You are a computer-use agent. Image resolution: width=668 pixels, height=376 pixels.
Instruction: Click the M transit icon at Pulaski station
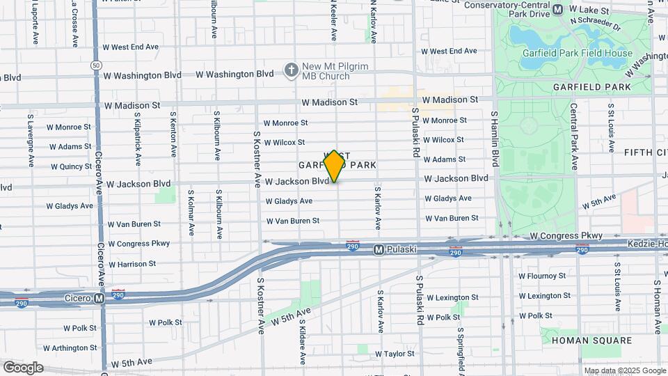point(379,249)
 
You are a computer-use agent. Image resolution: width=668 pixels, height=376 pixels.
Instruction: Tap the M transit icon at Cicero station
point(100,298)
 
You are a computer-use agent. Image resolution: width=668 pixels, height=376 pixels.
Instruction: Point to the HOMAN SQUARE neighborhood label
point(591,340)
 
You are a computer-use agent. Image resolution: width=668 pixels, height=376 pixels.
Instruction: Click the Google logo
point(23,367)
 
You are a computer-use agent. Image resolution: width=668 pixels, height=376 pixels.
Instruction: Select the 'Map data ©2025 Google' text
point(624,370)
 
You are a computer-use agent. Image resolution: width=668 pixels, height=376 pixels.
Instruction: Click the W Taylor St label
point(395,354)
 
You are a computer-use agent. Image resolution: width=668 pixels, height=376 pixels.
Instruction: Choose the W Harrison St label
point(132,264)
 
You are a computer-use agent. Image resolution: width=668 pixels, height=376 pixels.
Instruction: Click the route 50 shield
point(95,65)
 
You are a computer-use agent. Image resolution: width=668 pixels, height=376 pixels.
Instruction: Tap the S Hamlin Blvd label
point(495,139)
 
